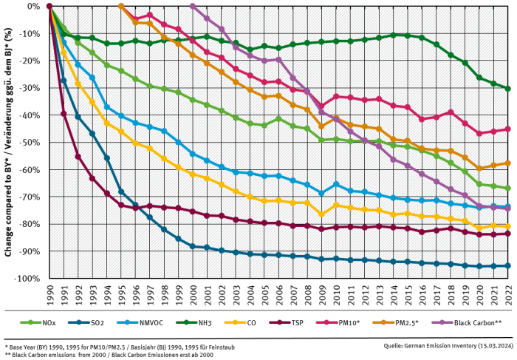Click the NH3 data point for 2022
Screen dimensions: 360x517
click(508, 89)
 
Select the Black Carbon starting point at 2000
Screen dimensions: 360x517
click(193, 6)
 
